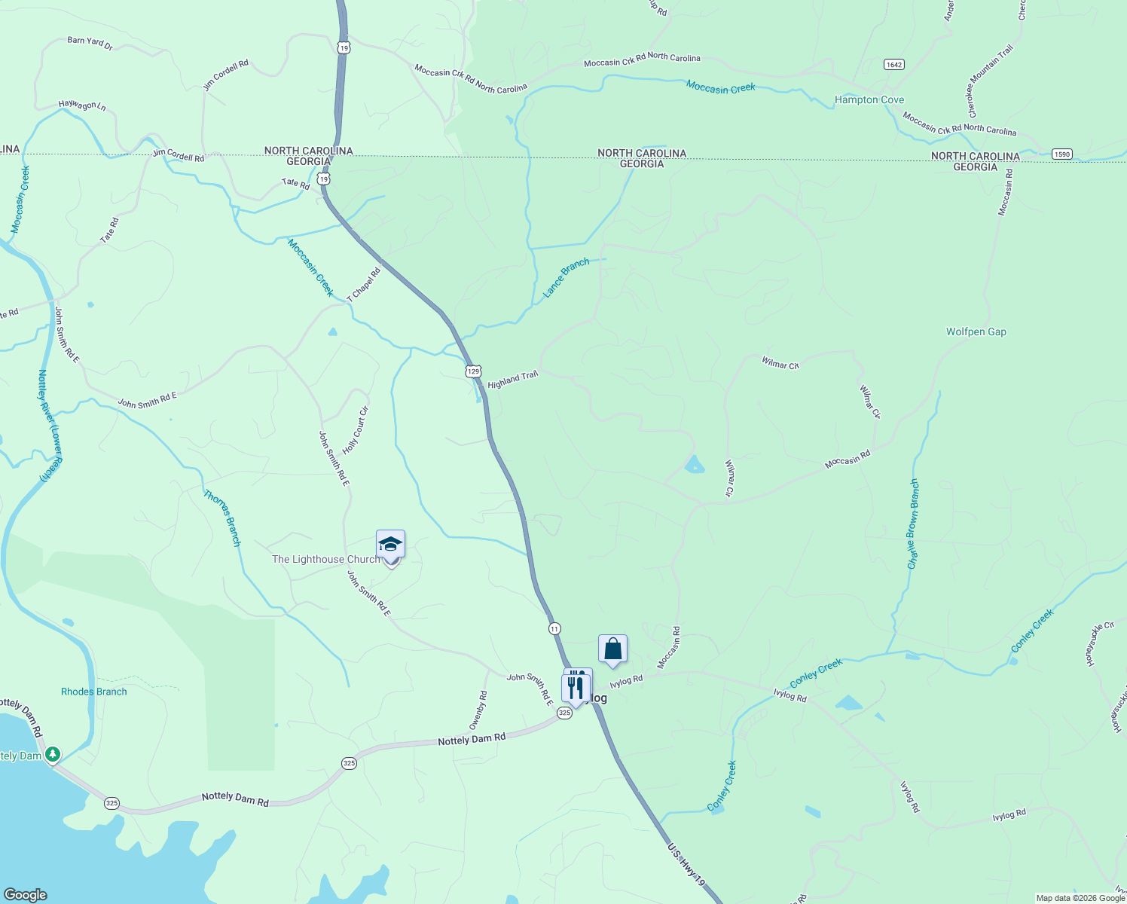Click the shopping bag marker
[x=612, y=649]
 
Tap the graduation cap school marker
[x=390, y=544]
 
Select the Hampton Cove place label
[x=869, y=99]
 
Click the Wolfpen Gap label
[x=976, y=331]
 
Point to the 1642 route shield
[x=894, y=65]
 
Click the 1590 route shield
[x=1061, y=154]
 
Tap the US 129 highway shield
[x=473, y=371]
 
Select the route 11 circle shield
[x=554, y=628]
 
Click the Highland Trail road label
[x=512, y=380]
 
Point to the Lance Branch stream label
[x=566, y=278]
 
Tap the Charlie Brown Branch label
[x=913, y=524]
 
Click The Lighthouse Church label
[x=325, y=559]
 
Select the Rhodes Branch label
[x=94, y=692]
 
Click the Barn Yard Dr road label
[x=90, y=44]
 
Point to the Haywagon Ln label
[x=82, y=105]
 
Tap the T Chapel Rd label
[x=364, y=285]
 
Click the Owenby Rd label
[x=478, y=710]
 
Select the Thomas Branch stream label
[x=223, y=518]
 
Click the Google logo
[x=25, y=895]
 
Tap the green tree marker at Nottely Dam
[x=53, y=754]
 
